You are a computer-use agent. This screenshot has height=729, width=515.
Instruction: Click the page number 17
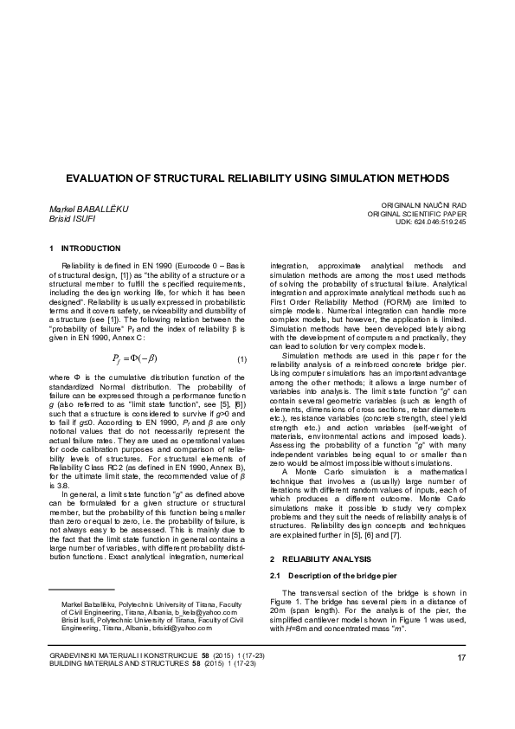pyautogui.click(x=462, y=661)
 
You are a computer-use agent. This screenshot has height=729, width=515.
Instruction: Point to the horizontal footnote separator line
pyautogui.click(x=78, y=590)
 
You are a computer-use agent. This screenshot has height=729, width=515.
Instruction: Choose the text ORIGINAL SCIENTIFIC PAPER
pyautogui.click(x=416, y=213)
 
